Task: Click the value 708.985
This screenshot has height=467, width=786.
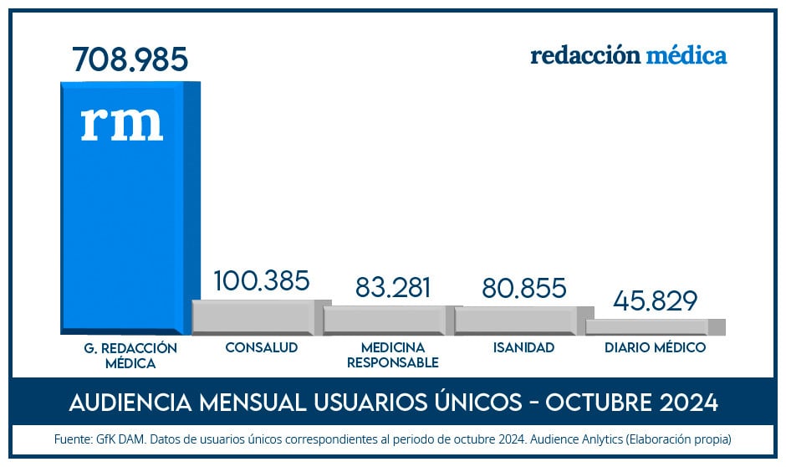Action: [x=130, y=60]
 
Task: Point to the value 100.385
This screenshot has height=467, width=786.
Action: [x=262, y=281]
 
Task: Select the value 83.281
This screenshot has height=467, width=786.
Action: [x=393, y=287]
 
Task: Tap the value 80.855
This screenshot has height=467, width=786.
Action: [x=524, y=287]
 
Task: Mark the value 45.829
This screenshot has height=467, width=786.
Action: [x=656, y=300]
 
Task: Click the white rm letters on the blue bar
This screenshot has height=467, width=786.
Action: [x=122, y=122]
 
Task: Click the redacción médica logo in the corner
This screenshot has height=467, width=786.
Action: [x=628, y=56]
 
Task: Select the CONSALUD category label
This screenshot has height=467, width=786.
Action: [x=262, y=347]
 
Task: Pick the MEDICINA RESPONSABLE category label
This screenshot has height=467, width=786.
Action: [x=393, y=355]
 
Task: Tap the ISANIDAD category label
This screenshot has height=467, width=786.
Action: [x=523, y=347]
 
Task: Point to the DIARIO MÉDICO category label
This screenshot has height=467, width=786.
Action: [x=656, y=347]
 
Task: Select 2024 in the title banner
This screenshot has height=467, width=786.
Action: [x=687, y=403]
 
